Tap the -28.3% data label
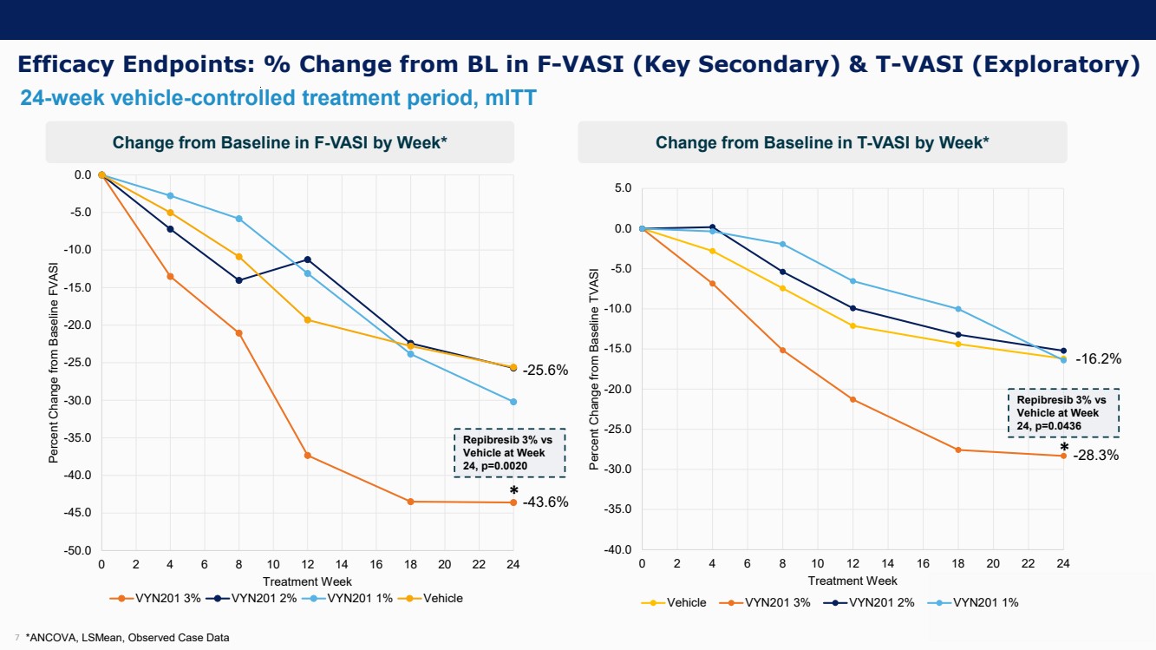click(1097, 455)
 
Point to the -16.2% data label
click(1098, 358)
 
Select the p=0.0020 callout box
click(509, 452)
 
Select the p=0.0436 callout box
click(1062, 413)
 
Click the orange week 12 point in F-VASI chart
click(307, 456)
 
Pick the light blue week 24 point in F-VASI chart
click(513, 402)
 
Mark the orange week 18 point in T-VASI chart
click(958, 450)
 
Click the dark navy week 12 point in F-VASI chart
click(307, 259)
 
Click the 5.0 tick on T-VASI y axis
click(623, 187)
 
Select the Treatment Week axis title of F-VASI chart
click(307, 581)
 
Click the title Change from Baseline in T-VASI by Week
click(821, 142)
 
